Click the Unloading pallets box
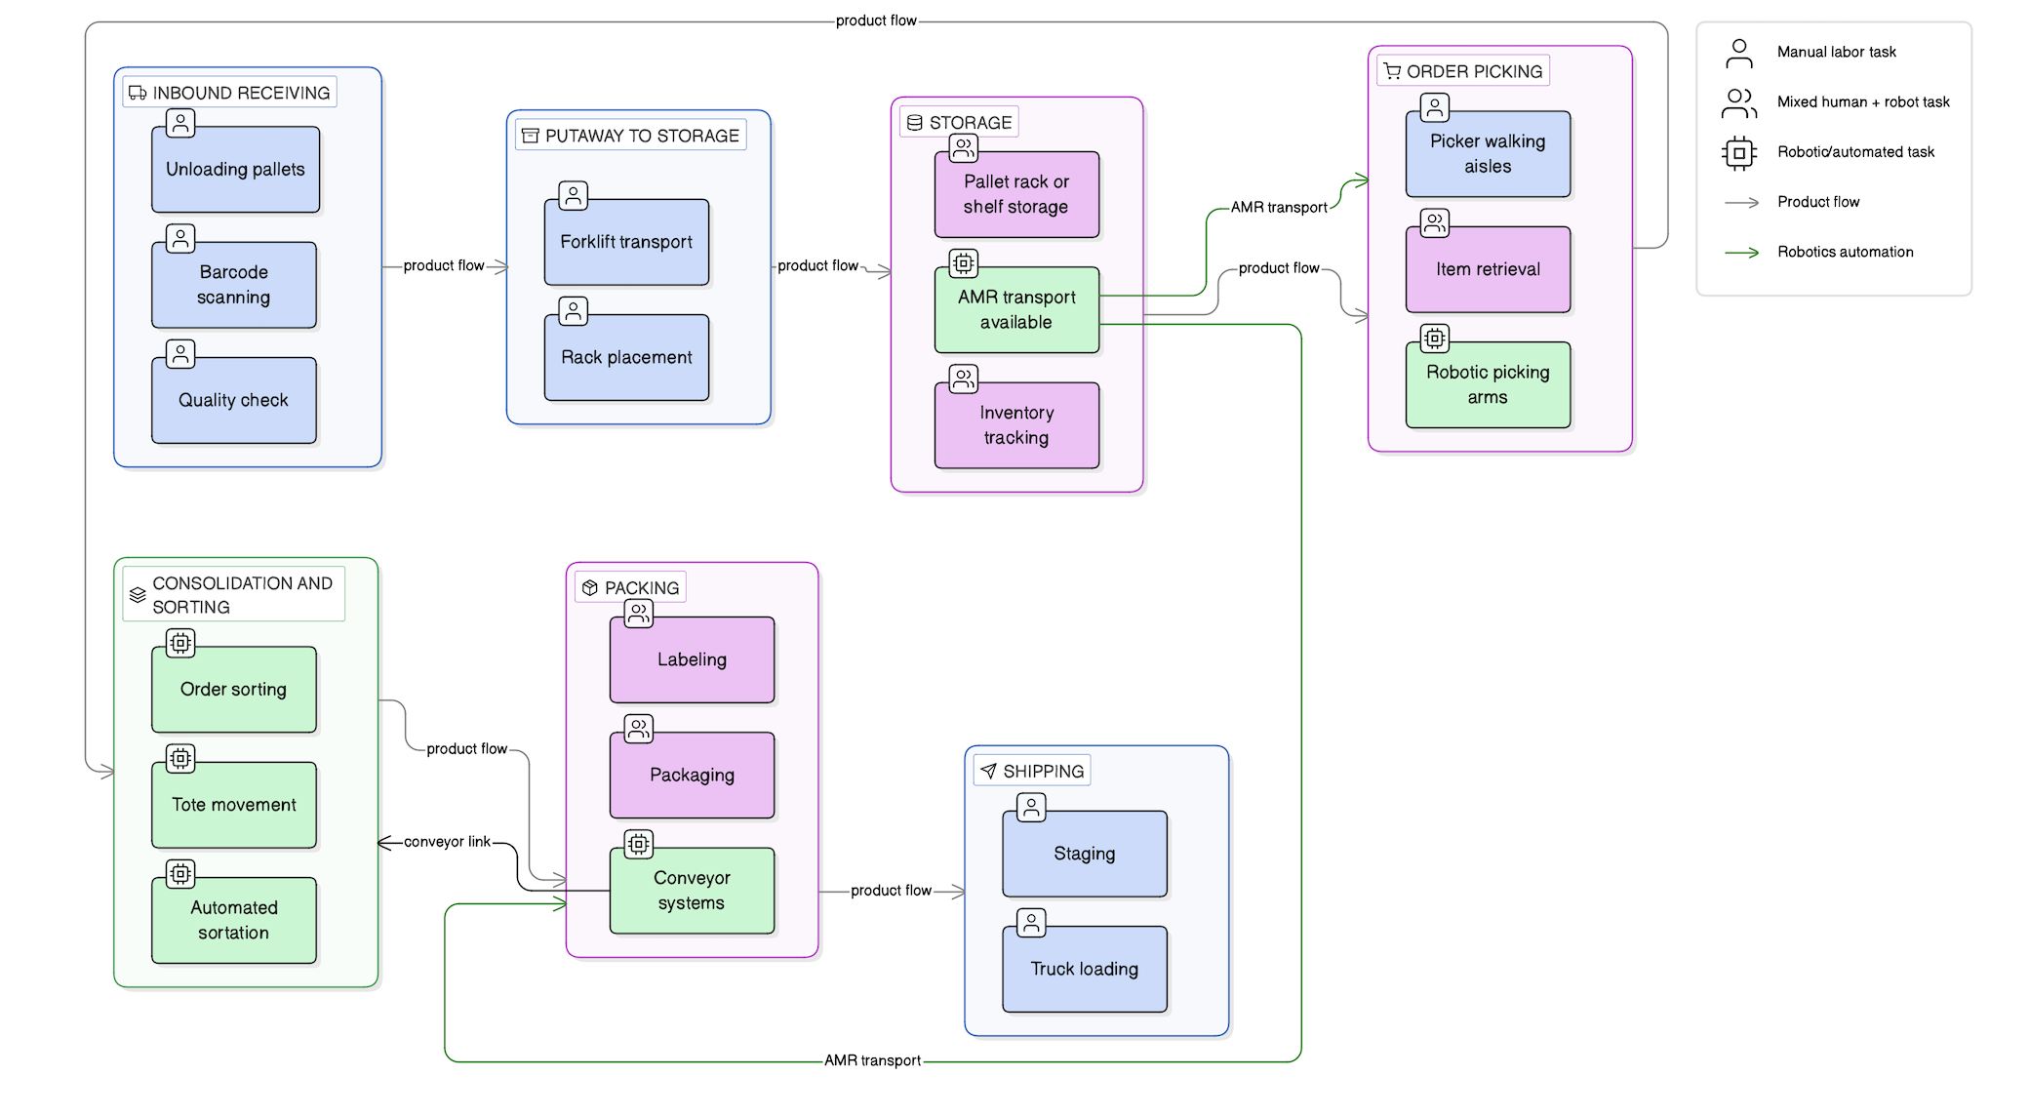[x=235, y=170]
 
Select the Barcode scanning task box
[x=234, y=285]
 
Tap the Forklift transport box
[x=626, y=242]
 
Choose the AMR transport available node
[x=1016, y=309]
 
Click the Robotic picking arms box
[x=1488, y=384]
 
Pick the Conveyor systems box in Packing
[x=692, y=890]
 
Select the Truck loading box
[x=1084, y=969]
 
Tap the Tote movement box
[x=234, y=805]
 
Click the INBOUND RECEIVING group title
[x=241, y=93]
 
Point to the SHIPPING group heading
[x=1043, y=771]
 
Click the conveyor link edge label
[x=447, y=842]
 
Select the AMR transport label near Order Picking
[x=1278, y=207]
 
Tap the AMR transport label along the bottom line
[x=872, y=1060]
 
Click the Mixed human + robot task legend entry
[x=1862, y=101]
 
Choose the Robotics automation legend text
[x=1845, y=252]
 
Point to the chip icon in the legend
[x=1738, y=152]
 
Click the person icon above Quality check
[x=180, y=353]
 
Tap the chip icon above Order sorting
[x=180, y=643]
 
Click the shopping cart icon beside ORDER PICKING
[x=1392, y=71]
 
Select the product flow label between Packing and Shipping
[x=891, y=891]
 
